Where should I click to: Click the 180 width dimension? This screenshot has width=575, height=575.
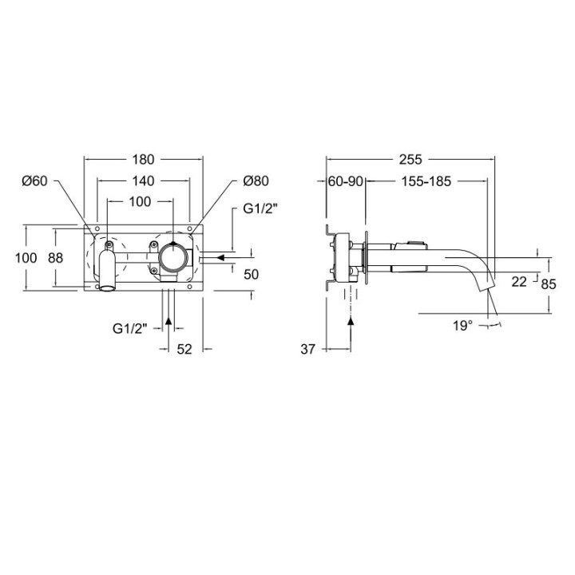(143, 160)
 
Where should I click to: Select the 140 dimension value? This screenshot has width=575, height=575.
(143, 180)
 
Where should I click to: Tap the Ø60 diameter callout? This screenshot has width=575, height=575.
(35, 180)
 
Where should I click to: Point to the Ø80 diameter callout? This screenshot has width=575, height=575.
(256, 180)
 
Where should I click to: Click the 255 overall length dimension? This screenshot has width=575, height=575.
(410, 160)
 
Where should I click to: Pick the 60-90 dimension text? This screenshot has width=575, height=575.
(346, 181)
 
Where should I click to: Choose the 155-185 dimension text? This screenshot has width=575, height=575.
(426, 181)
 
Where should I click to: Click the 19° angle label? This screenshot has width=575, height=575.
(462, 325)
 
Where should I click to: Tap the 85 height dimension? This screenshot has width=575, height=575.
(549, 284)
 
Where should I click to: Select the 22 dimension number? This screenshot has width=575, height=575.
(519, 282)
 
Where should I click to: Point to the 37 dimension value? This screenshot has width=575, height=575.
(307, 350)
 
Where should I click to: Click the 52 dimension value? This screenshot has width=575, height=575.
(184, 349)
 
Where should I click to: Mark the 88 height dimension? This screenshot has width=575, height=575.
(56, 258)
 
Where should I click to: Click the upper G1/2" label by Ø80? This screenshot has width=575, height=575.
(260, 208)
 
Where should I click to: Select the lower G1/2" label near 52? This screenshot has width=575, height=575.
(130, 328)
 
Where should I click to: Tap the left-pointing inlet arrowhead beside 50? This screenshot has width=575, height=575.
(220, 257)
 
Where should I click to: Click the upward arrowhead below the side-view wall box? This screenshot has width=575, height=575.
(351, 320)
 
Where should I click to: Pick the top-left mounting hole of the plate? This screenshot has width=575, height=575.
(97, 229)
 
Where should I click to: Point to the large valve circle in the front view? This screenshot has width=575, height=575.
(172, 257)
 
